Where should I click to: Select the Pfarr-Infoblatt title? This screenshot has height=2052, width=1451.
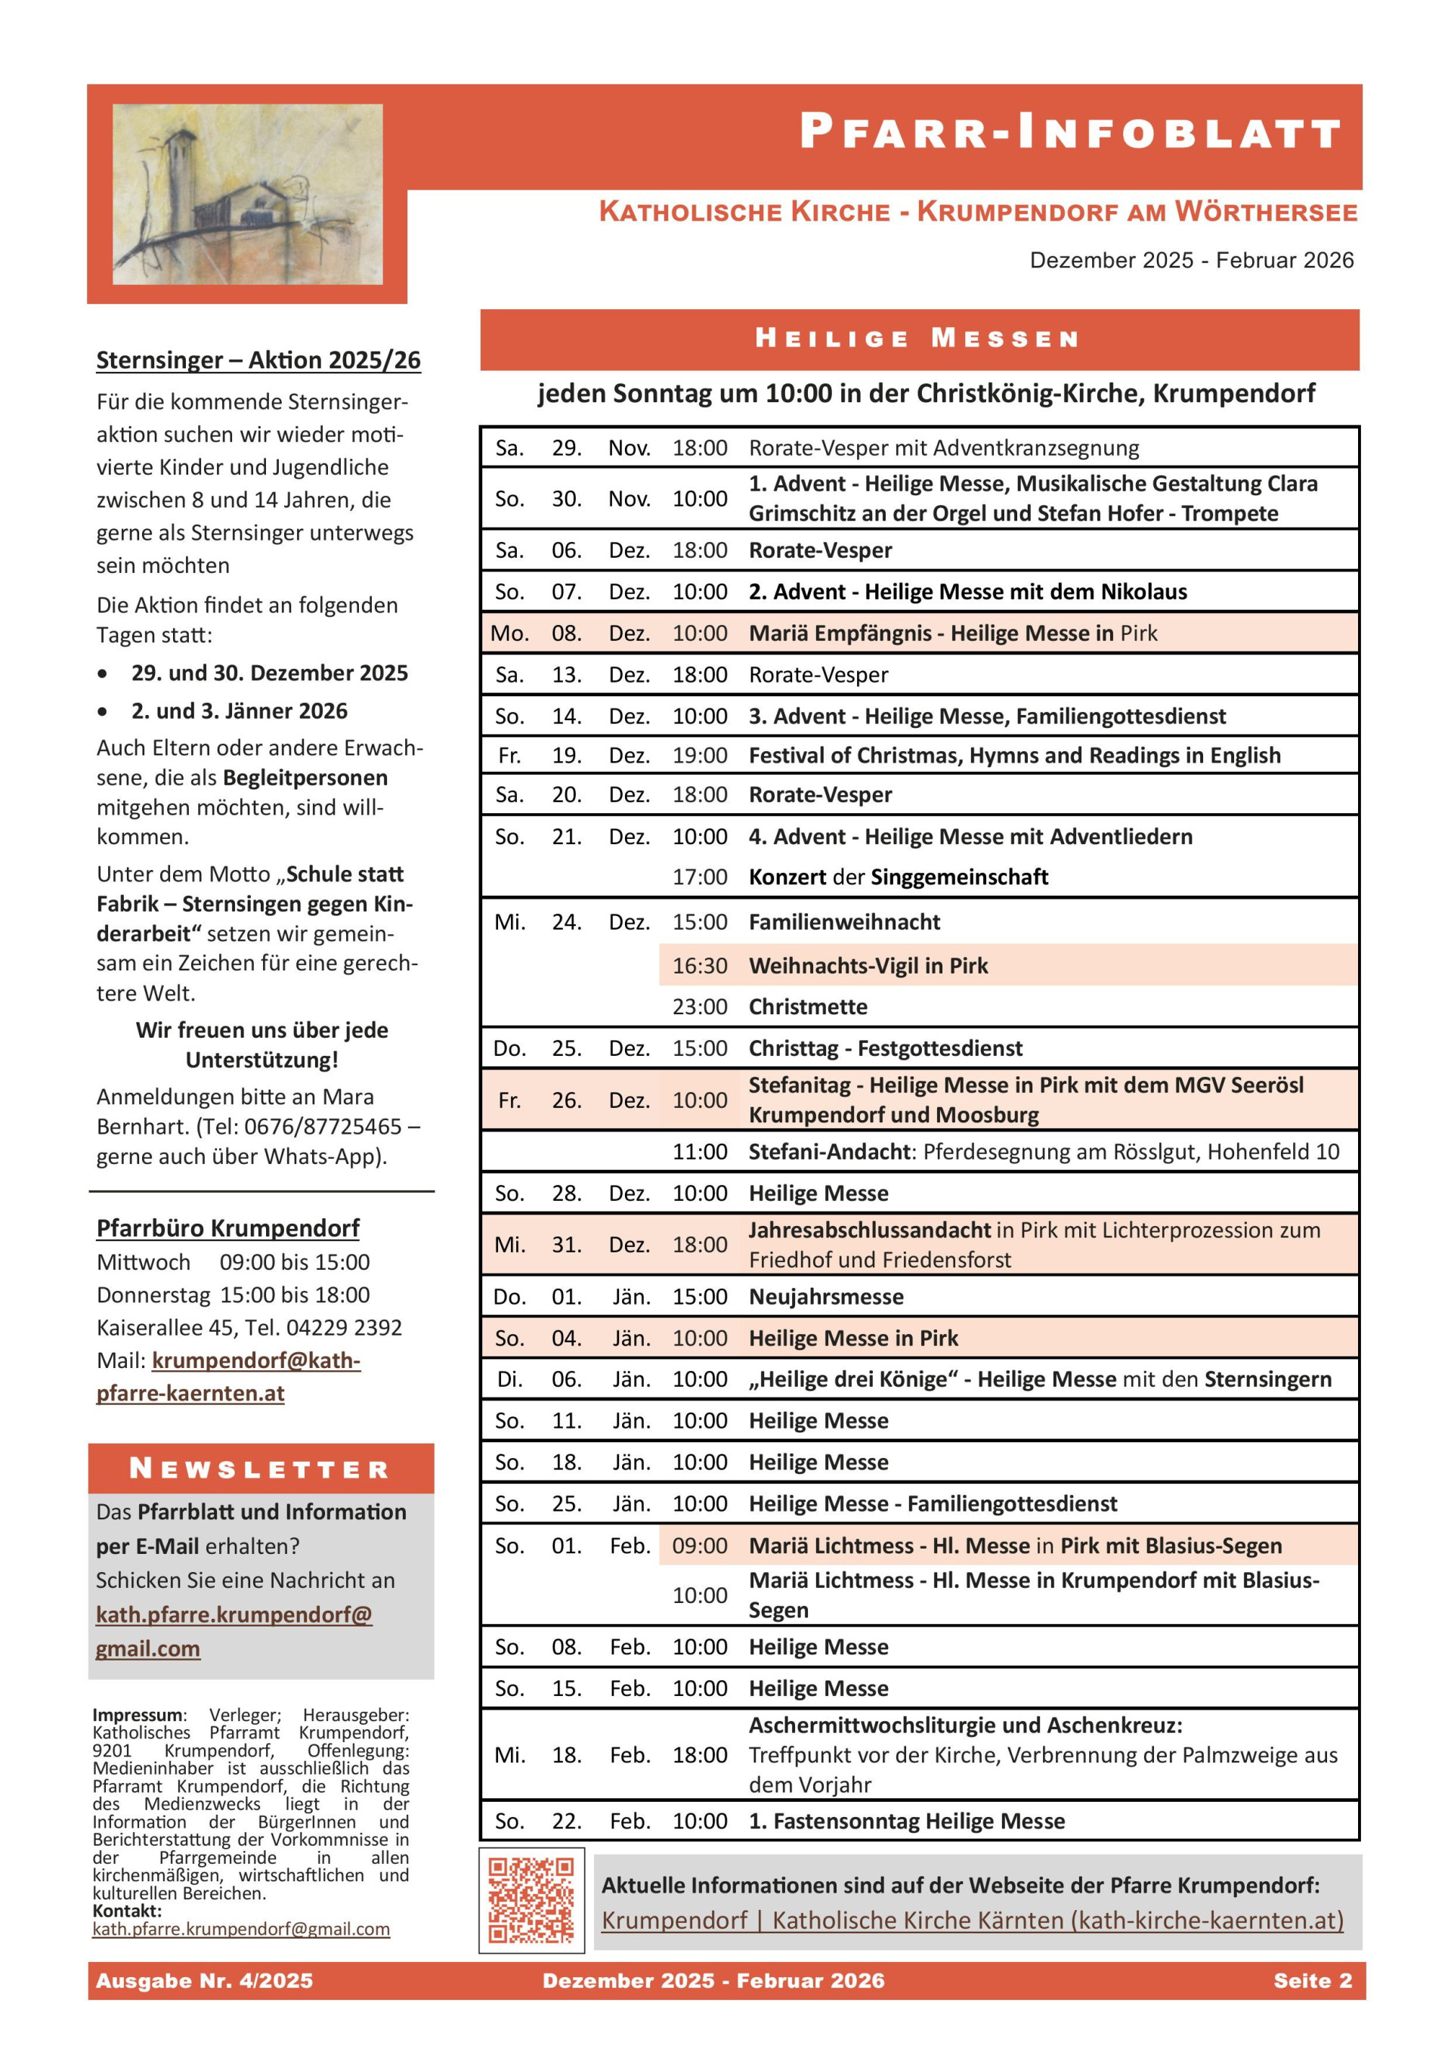[1069, 132]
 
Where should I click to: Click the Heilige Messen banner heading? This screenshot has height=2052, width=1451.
[918, 339]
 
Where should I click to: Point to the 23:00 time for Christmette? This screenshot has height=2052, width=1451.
[700, 1006]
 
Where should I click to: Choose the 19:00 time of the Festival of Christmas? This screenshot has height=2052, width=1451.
[700, 755]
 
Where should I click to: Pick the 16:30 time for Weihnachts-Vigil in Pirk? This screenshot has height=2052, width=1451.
[700, 965]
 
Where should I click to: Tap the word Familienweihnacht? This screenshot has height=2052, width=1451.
[843, 921]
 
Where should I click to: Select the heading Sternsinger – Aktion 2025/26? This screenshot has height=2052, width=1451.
[258, 361]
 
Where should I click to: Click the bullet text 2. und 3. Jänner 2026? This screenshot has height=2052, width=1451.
[240, 710]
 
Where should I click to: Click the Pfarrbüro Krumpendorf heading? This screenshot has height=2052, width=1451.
[227, 1228]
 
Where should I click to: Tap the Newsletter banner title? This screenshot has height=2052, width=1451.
[260, 1469]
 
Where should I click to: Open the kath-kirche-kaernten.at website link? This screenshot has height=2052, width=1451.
[972, 1920]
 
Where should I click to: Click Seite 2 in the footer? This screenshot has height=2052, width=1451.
[1313, 1980]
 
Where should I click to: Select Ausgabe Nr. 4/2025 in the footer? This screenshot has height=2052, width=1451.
[205, 1980]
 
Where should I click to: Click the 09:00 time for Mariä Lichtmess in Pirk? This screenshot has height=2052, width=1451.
[700, 1546]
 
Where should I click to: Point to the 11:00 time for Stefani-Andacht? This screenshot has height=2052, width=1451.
[700, 1151]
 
